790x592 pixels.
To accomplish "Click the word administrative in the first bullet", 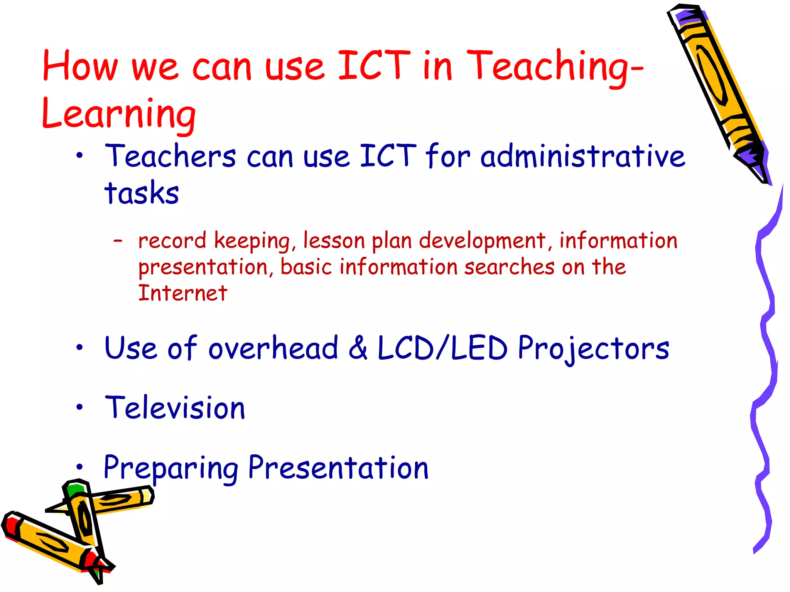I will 582,156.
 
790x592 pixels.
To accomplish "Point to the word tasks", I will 142,193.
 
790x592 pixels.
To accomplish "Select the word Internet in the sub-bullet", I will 182,293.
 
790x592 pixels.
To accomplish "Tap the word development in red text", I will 482,241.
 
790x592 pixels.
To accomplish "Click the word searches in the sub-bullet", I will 509,267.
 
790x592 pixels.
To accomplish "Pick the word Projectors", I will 593,348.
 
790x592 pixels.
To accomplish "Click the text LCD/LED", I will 442,348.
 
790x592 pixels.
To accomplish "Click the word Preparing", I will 171,468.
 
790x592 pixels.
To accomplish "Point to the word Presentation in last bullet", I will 338,468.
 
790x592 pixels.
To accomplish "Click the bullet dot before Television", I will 79,407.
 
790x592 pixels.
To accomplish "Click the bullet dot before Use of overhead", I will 79,348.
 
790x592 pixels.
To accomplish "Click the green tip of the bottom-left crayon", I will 74,489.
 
